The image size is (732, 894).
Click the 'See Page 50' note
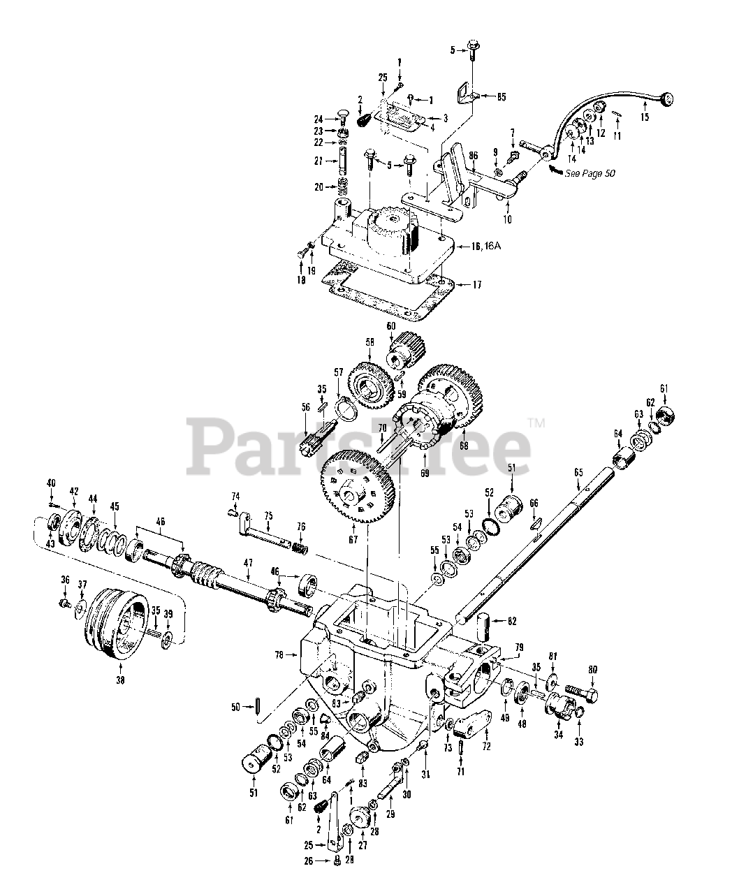tap(591, 173)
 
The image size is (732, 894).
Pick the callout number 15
tap(644, 117)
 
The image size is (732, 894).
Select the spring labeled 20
tap(343, 188)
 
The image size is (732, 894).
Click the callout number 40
tap(50, 483)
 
